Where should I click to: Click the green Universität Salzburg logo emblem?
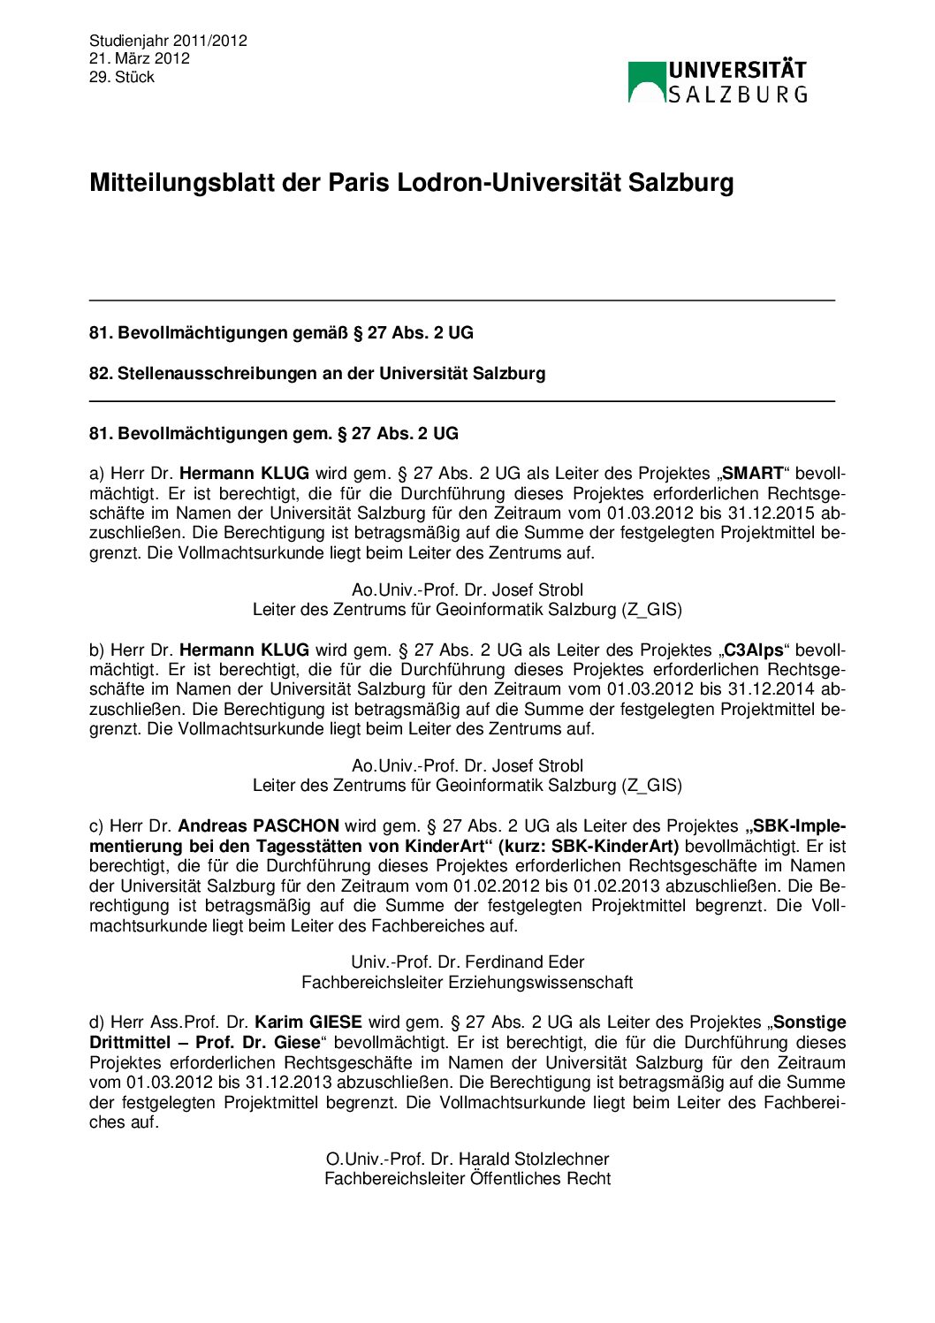coord(646,82)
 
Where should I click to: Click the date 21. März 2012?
coord(140,58)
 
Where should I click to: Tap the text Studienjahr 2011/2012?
coord(168,41)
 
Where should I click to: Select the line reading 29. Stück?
coord(122,77)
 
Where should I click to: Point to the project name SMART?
coord(753,474)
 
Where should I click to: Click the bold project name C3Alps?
coord(753,650)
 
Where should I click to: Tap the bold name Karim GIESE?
coord(308,1023)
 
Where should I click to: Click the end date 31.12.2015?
coord(770,513)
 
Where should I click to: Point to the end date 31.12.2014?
coord(770,688)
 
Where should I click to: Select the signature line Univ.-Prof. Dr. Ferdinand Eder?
coord(467,962)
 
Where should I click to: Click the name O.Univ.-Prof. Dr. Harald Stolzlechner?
coord(467,1159)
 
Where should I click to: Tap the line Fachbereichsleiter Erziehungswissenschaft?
coord(467,982)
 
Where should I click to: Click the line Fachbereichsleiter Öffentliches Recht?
coord(467,1178)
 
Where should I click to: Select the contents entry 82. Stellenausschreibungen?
coord(317,373)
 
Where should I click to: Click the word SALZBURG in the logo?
coord(738,94)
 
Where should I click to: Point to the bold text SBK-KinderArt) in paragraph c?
coord(615,846)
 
